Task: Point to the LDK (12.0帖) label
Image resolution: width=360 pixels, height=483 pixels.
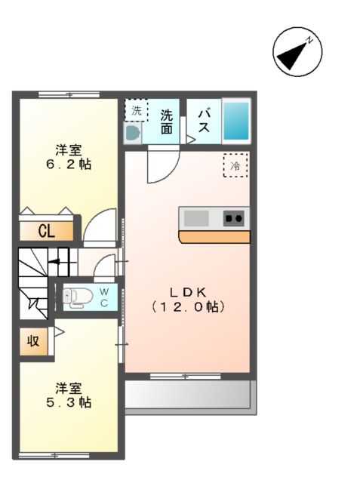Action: (187, 300)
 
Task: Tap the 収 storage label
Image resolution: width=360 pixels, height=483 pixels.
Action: (33, 341)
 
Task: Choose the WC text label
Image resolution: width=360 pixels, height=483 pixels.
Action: (104, 297)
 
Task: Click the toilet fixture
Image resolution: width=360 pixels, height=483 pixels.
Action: (78, 297)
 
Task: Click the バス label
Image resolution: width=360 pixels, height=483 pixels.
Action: (204, 121)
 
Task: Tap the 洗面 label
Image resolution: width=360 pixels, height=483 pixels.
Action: (166, 122)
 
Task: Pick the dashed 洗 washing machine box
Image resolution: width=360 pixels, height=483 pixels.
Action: (137, 110)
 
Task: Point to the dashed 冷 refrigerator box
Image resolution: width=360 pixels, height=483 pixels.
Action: (235, 165)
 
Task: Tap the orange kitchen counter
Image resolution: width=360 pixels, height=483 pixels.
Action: (214, 237)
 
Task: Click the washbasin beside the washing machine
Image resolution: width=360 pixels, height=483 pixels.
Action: (133, 134)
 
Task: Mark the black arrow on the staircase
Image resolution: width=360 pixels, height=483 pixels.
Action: (54, 263)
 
